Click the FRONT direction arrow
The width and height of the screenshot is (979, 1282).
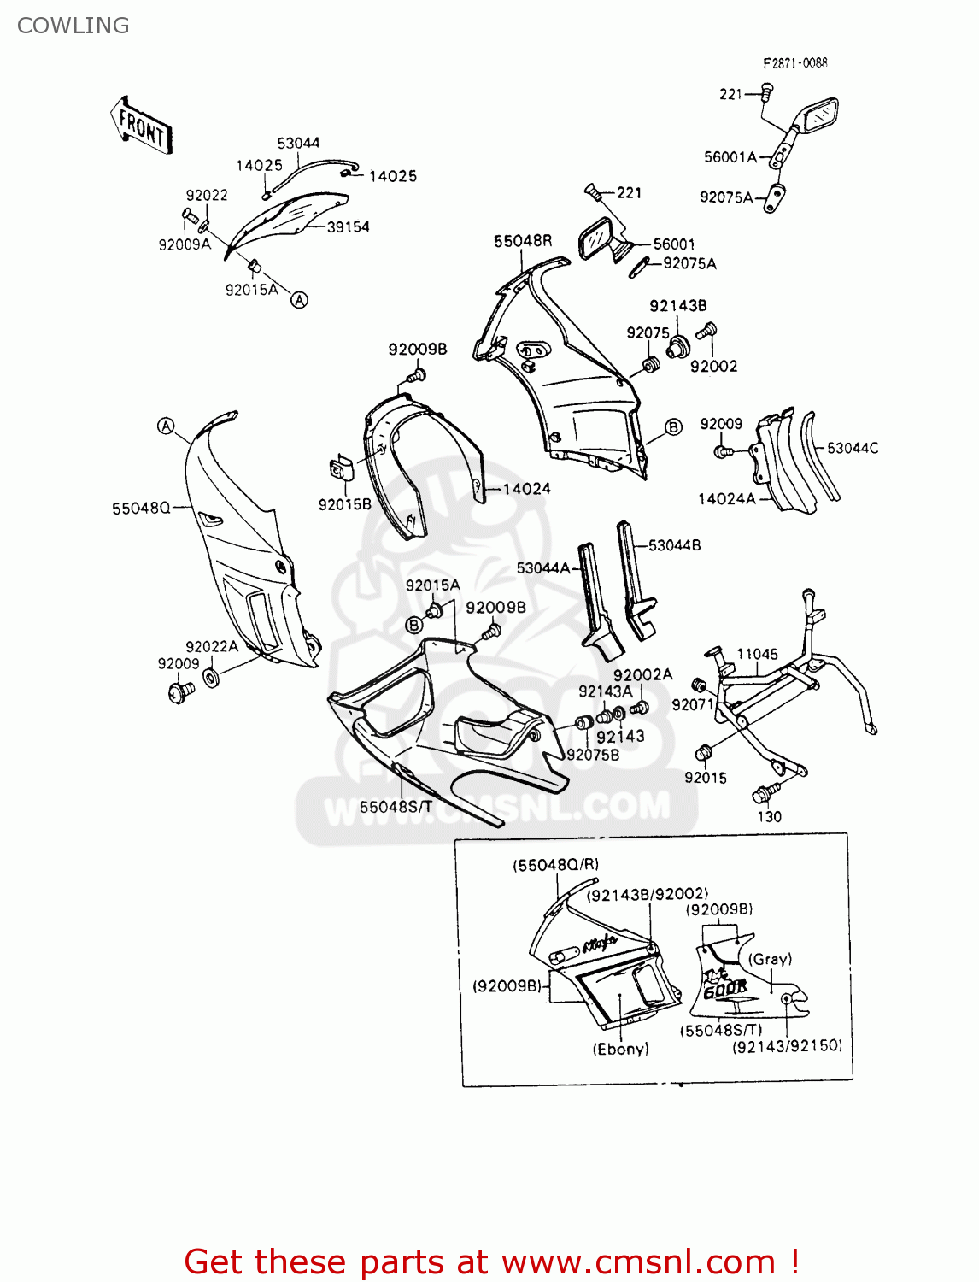click(x=142, y=126)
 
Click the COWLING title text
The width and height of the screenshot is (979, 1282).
click(x=73, y=26)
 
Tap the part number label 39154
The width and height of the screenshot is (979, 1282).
click(x=349, y=226)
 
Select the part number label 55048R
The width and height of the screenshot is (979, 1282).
click(x=523, y=241)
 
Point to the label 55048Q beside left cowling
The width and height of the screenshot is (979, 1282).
click(x=141, y=509)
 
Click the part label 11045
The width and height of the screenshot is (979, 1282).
click(x=757, y=654)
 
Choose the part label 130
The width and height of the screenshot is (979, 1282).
click(x=769, y=816)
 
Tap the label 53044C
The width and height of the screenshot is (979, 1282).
click(x=853, y=448)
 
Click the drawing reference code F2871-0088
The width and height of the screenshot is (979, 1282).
click(x=794, y=62)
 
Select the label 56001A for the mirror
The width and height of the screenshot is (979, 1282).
click(x=730, y=156)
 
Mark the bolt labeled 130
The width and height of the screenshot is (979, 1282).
click(x=763, y=793)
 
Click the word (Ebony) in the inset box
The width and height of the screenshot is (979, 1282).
click(x=621, y=1049)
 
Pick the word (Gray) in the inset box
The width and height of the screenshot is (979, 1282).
click(x=771, y=959)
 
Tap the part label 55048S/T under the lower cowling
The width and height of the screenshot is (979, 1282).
click(x=396, y=806)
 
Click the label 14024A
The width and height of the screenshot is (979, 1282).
click(x=727, y=498)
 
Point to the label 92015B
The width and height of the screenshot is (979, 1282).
click(x=344, y=504)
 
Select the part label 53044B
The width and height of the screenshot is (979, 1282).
click(x=674, y=545)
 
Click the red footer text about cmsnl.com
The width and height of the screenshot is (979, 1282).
click(x=491, y=1261)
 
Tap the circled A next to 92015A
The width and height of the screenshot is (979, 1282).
click(x=299, y=300)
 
